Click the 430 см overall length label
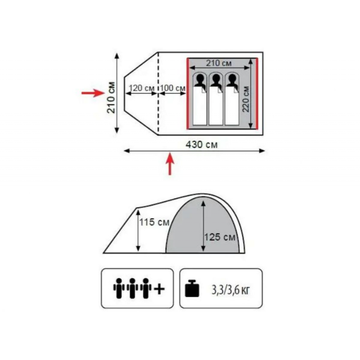(x=201, y=145)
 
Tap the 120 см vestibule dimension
(x=141, y=88)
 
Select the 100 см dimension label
(x=173, y=88)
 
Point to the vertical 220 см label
(x=246, y=99)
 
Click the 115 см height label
(x=154, y=222)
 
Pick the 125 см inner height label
(x=220, y=237)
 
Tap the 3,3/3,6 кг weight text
(x=230, y=290)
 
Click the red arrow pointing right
(x=93, y=93)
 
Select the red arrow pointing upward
(x=170, y=164)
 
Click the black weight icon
(x=192, y=288)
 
